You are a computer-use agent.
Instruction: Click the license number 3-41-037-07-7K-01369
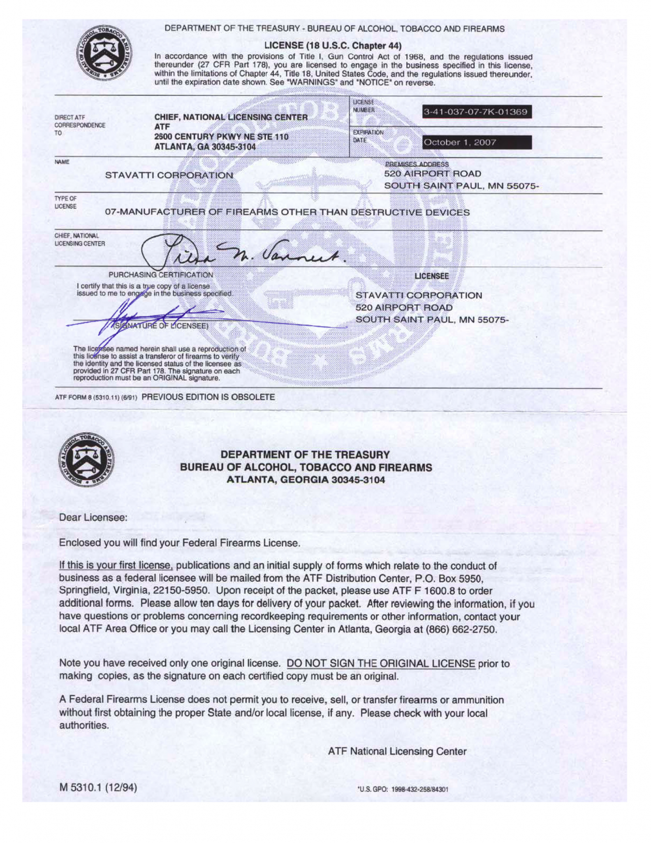coord(476,112)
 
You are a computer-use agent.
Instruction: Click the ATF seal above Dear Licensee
coord(86,459)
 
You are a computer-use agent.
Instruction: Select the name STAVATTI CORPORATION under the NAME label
coord(169,175)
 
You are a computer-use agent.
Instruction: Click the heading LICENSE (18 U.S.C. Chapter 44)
coord(333,45)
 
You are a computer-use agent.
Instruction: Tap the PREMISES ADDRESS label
coord(417,164)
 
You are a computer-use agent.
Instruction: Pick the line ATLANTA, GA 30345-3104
coord(205,147)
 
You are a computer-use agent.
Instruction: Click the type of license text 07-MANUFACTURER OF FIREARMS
coord(287,212)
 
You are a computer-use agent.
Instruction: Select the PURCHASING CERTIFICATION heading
coord(161,275)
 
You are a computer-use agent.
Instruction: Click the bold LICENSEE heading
coord(431,276)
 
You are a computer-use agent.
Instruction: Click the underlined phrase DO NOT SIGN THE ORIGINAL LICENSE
coord(380,663)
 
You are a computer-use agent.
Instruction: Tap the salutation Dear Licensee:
coord(93,517)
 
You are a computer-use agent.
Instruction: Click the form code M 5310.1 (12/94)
coord(98,787)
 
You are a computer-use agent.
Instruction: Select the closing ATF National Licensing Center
coord(397,751)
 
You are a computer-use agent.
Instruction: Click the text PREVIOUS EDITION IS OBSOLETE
coord(208,397)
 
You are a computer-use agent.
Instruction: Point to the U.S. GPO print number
coord(403,789)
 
